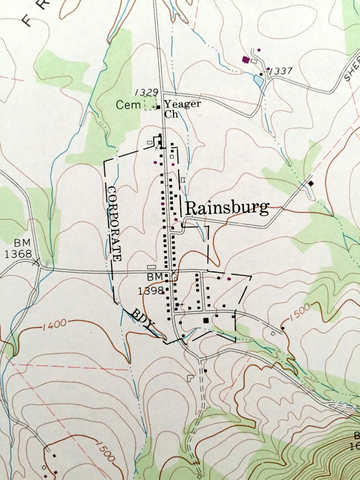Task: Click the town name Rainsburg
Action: (227, 208)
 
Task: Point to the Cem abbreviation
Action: (126, 105)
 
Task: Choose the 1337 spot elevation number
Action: (280, 71)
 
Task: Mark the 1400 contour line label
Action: (56, 324)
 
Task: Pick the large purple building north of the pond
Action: (246, 59)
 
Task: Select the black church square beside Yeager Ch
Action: (159, 107)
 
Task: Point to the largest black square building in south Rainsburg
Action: (206, 320)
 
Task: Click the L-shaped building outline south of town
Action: (191, 377)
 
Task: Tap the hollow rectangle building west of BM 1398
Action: (151, 267)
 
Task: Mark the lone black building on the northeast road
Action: (311, 183)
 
